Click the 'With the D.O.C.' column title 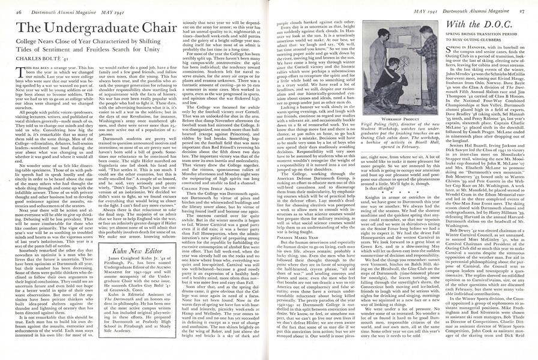tap(477, 25)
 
